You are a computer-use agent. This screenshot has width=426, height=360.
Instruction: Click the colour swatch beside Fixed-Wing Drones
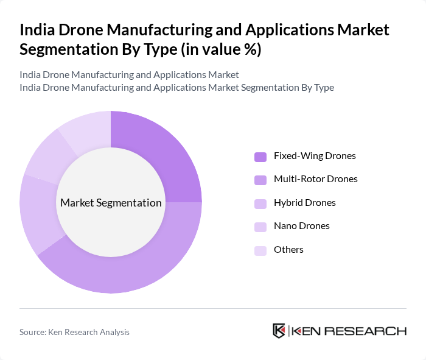[x=260, y=157]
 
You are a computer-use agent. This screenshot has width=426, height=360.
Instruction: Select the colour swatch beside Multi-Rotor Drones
[x=260, y=180]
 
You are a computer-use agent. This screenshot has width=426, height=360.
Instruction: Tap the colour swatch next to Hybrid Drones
[x=260, y=203]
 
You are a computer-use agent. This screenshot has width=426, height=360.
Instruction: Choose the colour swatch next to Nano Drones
[x=260, y=227]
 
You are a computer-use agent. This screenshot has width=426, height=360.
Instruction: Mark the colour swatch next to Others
[x=260, y=250]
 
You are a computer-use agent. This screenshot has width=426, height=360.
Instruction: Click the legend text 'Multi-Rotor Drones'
[x=315, y=179]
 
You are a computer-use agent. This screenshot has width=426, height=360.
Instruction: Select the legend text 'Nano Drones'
[x=301, y=226]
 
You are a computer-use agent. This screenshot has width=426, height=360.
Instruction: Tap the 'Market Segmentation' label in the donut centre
[x=111, y=203]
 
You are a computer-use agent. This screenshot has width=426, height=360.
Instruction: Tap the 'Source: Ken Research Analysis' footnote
[x=74, y=332]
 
